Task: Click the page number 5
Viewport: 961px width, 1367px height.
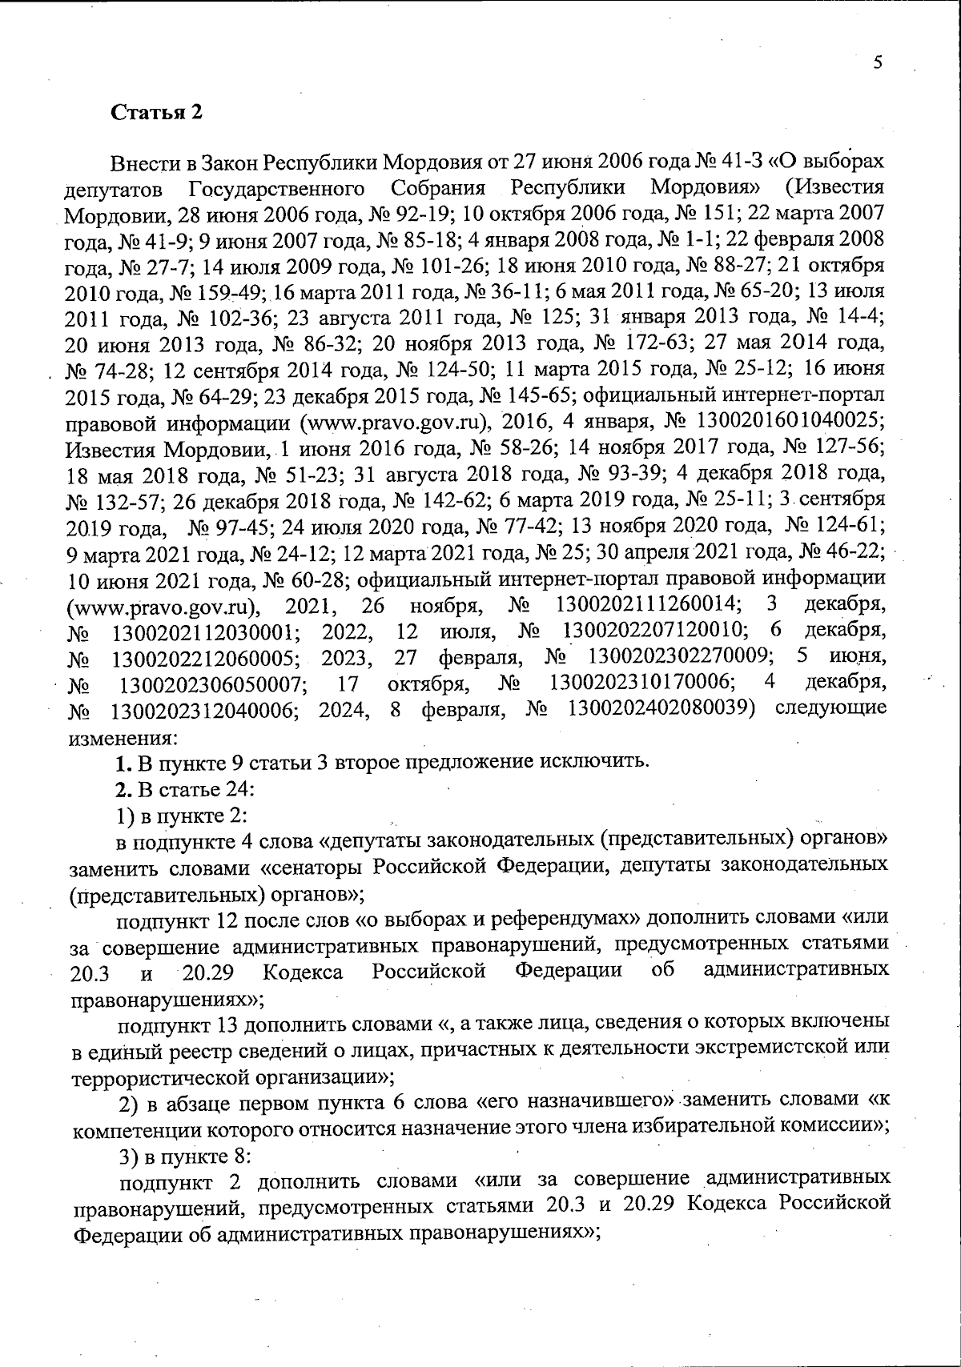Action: pos(878,63)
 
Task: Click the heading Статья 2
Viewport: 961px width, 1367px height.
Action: pos(156,112)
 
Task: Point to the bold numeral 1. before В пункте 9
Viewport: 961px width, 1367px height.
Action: pos(122,761)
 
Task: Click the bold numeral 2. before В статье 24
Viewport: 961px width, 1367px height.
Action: pos(123,789)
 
